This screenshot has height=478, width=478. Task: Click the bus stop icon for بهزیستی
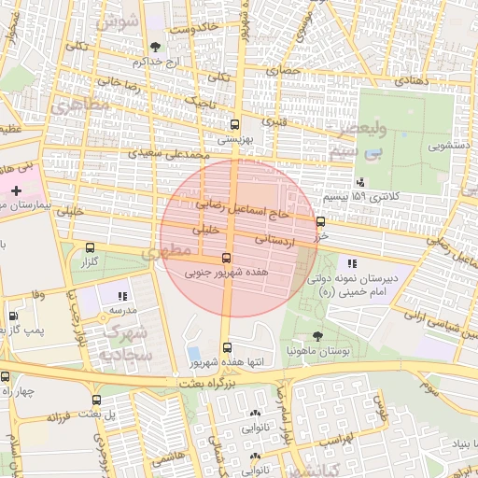pos(233,123)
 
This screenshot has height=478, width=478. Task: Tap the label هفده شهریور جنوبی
pos(226,274)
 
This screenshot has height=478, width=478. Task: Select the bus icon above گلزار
pos(90,249)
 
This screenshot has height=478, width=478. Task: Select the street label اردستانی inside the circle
pos(268,240)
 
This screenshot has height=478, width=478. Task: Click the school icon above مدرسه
pos(122,296)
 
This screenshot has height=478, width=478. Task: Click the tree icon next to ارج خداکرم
pos(155,46)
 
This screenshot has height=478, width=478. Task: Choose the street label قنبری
pos(273,121)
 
